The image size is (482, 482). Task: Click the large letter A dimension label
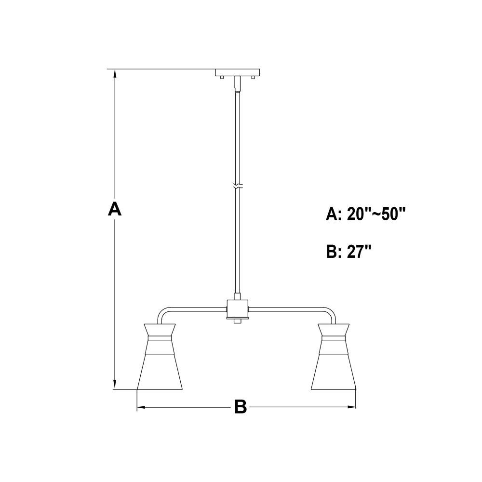coord(115,209)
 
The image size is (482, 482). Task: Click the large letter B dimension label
coord(241,407)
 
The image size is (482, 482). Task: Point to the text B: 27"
coord(349,252)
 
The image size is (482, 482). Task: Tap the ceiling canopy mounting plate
coord(238,73)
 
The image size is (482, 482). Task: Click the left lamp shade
coord(160,357)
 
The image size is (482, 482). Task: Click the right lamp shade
coord(334,357)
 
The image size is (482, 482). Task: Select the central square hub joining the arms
coord(237,309)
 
